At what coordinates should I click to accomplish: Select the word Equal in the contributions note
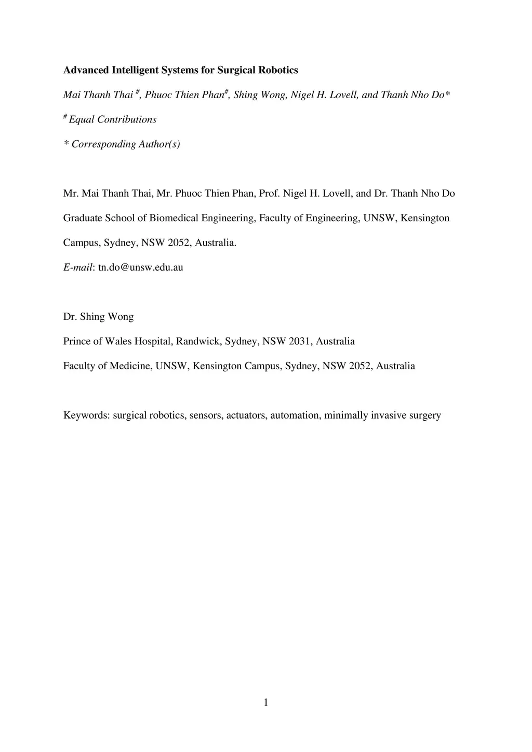pyautogui.click(x=82, y=119)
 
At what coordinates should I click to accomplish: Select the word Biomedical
pyautogui.click(x=174, y=218)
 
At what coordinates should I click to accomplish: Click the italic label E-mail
pyautogui.click(x=77, y=267)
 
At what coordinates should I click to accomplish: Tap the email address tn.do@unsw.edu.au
pyautogui.click(x=140, y=267)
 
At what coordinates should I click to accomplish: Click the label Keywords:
pyautogui.click(x=86, y=415)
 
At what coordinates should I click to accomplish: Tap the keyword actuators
pyautogui.click(x=246, y=415)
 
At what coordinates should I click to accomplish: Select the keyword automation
pyautogui.click(x=295, y=415)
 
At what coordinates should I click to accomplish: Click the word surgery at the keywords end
pyautogui.click(x=424, y=415)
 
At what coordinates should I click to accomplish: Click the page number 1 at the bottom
pyautogui.click(x=266, y=703)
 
